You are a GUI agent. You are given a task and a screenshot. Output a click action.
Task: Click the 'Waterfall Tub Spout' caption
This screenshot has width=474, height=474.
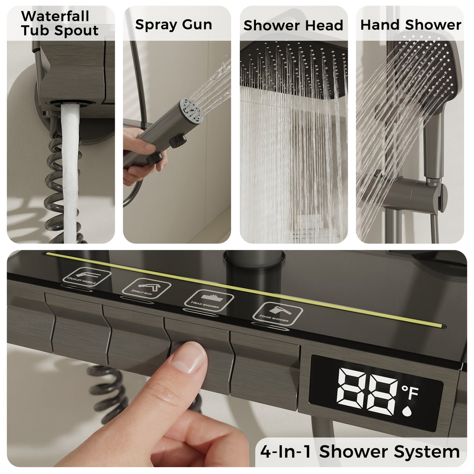pyautogui.click(x=59, y=23)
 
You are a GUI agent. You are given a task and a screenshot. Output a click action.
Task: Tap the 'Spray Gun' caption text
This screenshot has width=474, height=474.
pyautogui.click(x=174, y=25)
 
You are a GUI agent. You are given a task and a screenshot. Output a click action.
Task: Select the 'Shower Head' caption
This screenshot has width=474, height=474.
pyautogui.click(x=293, y=25)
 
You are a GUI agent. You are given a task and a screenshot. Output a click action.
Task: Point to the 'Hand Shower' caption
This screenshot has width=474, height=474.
pyautogui.click(x=411, y=25)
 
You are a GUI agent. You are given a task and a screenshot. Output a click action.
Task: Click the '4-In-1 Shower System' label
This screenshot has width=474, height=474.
pyautogui.click(x=360, y=451)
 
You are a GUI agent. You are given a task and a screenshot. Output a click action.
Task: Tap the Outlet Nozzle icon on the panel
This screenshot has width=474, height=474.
pyautogui.click(x=87, y=277)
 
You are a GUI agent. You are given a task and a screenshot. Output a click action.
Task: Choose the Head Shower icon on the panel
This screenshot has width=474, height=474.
pyautogui.click(x=208, y=299)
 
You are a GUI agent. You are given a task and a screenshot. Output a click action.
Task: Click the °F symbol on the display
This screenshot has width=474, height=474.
pyautogui.click(x=410, y=393)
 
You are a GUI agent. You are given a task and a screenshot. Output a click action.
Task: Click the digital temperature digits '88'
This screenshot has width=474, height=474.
pyautogui.click(x=367, y=391)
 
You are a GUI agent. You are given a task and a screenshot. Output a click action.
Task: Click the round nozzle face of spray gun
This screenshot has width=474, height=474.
pyautogui.click(x=192, y=110)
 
